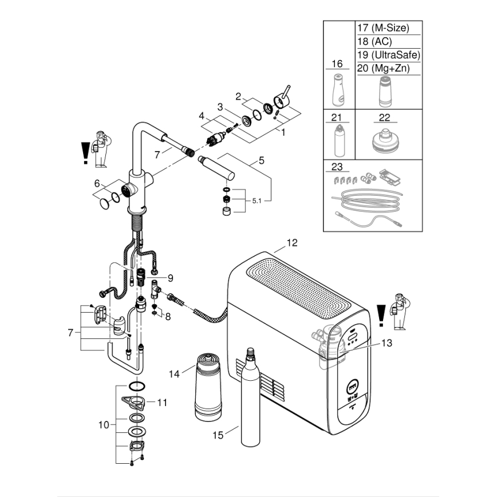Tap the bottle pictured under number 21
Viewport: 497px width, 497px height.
338,140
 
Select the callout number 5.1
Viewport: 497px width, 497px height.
259,201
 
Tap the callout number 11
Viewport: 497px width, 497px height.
162,403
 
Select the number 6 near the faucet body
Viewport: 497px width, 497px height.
97,183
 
